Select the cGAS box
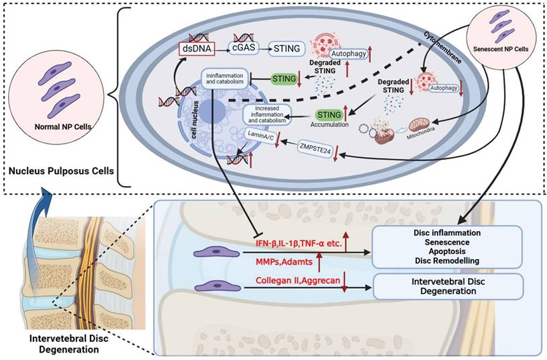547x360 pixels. point(245,49)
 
